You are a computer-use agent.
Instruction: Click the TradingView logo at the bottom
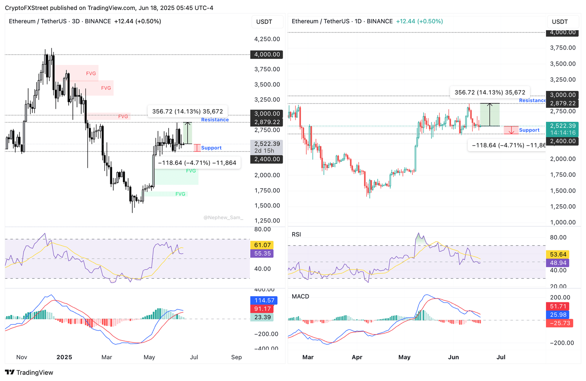29,373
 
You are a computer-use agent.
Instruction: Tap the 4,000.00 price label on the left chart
267,55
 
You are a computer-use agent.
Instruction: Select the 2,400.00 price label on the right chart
563,141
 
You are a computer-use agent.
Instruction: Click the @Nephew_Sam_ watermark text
223,218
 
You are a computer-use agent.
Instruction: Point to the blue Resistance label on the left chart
215,120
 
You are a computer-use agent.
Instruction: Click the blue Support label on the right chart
529,130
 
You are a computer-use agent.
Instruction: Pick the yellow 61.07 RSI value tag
262,245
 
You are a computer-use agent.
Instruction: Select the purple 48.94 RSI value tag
558,263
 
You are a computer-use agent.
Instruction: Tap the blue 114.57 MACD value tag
264,300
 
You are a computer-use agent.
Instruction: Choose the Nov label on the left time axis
22,357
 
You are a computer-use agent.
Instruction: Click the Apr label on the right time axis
357,357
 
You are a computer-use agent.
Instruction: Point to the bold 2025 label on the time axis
64,357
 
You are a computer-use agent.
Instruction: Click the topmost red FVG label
91,74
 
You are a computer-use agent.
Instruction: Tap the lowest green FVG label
180,194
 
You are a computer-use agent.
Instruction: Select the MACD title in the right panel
300,297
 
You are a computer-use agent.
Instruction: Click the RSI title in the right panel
296,234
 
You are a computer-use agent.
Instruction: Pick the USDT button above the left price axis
264,22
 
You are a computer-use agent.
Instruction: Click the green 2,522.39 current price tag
563,126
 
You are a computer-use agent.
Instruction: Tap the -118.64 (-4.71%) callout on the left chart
197,163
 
